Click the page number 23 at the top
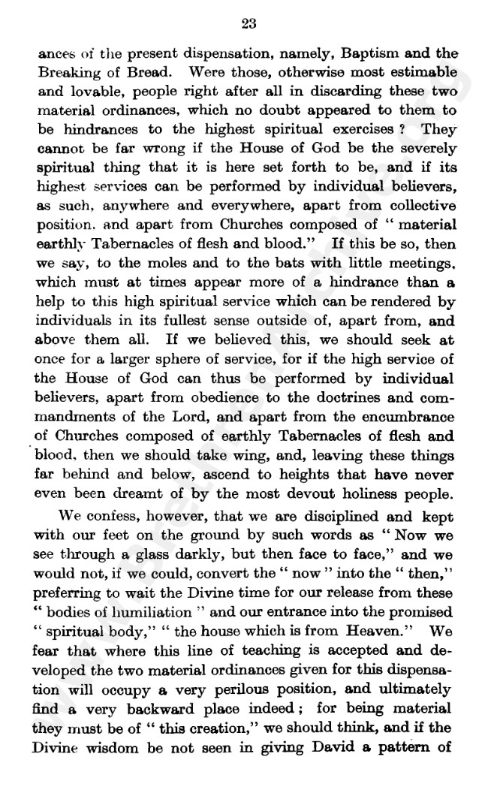(249, 24)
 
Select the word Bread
(152, 75)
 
